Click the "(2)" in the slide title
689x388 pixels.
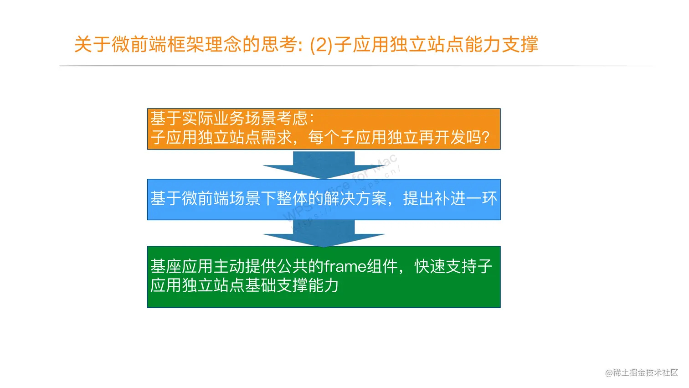(x=322, y=45)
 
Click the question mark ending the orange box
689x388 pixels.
(x=485, y=137)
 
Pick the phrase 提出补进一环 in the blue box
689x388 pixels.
(x=450, y=199)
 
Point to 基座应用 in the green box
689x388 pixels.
(x=182, y=266)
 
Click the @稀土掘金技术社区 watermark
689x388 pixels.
(x=642, y=372)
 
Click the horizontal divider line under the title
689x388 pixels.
(x=355, y=66)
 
